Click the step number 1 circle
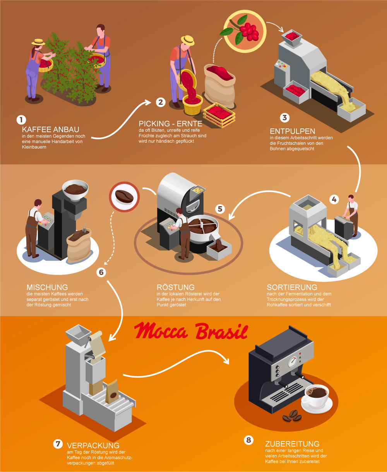[x=21, y=120]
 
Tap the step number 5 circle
[x=220, y=209]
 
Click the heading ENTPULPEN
[x=292, y=131]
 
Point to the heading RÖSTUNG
[x=175, y=287]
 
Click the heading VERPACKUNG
[x=93, y=445]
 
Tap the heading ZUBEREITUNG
[x=292, y=444]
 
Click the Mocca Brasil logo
[x=191, y=331]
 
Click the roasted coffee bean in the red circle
[x=124, y=197]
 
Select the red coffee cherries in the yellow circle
[x=249, y=31]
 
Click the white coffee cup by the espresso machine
[x=317, y=396]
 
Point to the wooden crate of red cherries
[x=219, y=115]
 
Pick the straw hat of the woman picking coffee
[x=38, y=42]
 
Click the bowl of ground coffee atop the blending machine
[x=75, y=190]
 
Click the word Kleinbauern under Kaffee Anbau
[x=34, y=147]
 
